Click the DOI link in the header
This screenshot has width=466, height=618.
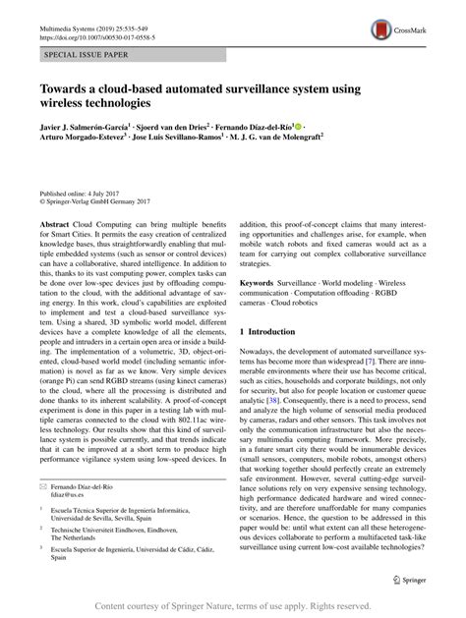(x=87, y=22)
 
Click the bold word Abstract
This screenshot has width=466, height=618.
(x=55, y=225)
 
